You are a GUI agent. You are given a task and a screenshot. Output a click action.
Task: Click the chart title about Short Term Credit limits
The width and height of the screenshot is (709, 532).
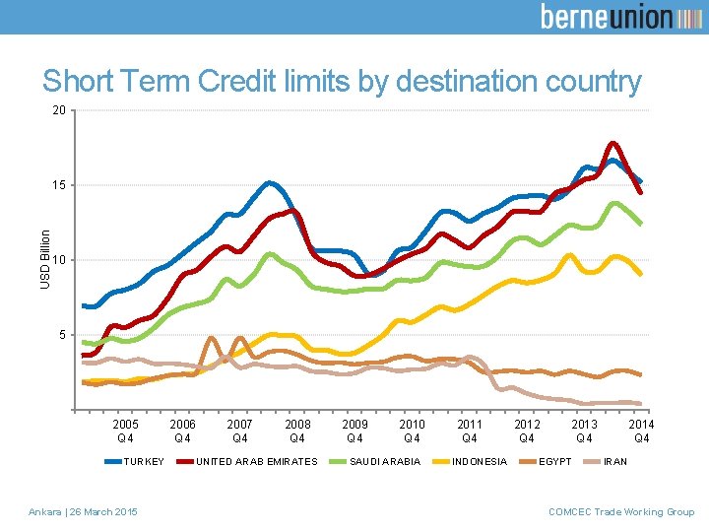pos(341,82)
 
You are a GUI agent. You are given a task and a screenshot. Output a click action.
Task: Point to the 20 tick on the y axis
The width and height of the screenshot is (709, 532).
pos(59,110)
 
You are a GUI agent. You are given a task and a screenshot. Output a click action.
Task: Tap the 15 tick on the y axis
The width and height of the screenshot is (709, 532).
pos(59,185)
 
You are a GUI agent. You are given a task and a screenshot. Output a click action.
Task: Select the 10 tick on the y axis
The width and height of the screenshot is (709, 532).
pos(59,260)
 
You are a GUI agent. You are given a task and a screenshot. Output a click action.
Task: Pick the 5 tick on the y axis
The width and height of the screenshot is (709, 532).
pos(62,335)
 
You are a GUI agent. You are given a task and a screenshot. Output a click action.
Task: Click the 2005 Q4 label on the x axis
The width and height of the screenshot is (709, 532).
pos(126,432)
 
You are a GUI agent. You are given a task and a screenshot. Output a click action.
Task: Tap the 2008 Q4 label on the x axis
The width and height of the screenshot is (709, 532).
pos(297,432)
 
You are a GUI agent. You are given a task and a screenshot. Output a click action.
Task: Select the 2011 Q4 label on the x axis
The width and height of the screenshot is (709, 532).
pos(470,432)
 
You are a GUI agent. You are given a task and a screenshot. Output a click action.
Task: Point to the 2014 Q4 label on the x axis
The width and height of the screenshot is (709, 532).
pos(641,432)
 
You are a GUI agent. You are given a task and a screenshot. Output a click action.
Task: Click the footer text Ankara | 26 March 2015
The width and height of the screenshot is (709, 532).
pos(84,511)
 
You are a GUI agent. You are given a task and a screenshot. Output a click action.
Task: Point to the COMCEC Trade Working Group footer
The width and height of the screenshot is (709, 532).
pos(620,511)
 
